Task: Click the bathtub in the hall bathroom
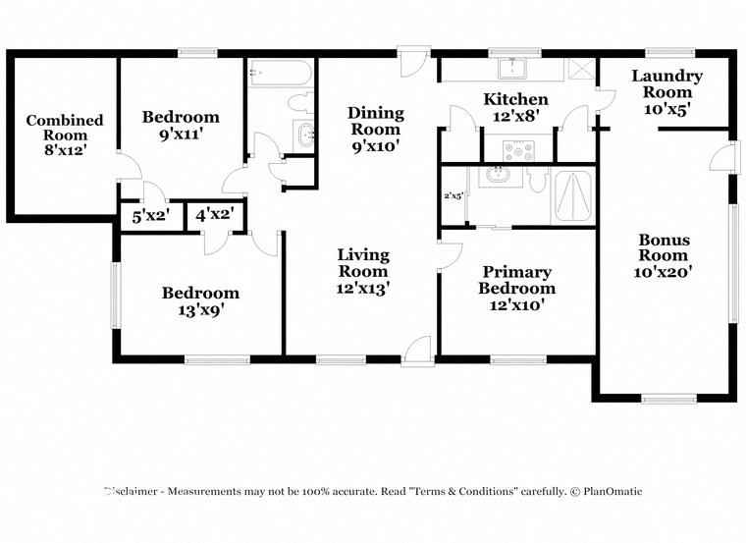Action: coord(280,72)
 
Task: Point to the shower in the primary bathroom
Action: coord(572,196)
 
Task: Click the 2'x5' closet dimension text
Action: coord(453,194)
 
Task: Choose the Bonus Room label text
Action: coord(664,255)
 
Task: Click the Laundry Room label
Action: coord(666,92)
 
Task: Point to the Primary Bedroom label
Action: coord(516,288)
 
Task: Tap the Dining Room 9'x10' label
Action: coord(375,129)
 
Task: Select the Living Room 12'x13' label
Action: coord(363,271)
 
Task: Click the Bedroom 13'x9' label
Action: coord(200,300)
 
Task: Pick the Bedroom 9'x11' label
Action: coord(181,126)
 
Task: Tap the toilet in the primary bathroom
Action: coord(537,180)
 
